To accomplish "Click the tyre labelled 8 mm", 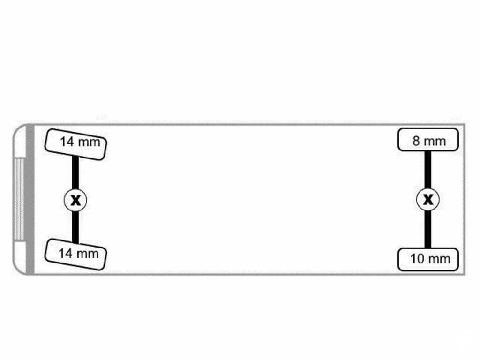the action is click(x=428, y=140).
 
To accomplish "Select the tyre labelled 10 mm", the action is click(x=428, y=260).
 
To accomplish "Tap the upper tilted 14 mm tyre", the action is click(x=75, y=144).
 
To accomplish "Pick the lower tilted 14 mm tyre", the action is click(x=75, y=255).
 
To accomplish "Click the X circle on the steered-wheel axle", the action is click(x=75, y=200).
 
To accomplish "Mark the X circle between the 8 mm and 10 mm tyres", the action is click(x=428, y=200).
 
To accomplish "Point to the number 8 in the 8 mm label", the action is click(x=416, y=141).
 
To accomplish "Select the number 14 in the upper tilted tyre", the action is click(x=67, y=142).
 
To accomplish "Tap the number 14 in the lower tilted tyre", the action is click(x=65, y=254).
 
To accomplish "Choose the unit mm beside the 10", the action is click(x=438, y=260).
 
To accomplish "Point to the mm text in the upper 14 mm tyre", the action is click(x=89, y=142).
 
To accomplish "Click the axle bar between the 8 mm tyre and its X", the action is click(x=428, y=170).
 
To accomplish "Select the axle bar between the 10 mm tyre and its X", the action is click(x=428, y=230).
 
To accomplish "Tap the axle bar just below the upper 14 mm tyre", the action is click(x=75, y=172).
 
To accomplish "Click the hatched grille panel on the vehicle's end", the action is click(x=19, y=199).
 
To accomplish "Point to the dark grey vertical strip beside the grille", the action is click(x=30, y=199).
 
